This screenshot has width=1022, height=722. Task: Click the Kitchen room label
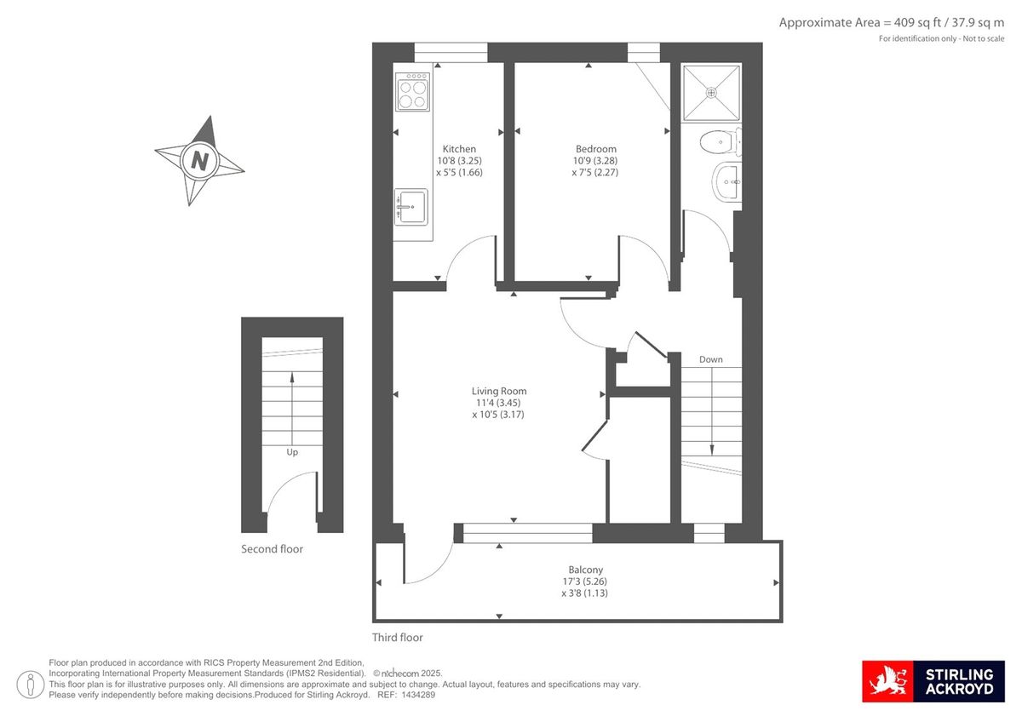click(x=459, y=149)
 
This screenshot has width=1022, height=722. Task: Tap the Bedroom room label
click(x=596, y=149)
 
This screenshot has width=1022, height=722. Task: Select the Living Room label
click(x=499, y=392)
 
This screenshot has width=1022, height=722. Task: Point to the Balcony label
click(x=585, y=570)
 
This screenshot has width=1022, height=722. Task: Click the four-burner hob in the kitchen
click(x=413, y=92)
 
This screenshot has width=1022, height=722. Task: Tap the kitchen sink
click(x=411, y=207)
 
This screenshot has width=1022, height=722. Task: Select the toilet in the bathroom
click(x=721, y=142)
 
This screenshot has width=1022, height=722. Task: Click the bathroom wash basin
click(x=726, y=182)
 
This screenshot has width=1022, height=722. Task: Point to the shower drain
click(x=711, y=93)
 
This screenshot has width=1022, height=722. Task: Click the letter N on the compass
click(x=199, y=161)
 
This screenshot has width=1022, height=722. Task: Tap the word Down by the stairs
click(x=711, y=360)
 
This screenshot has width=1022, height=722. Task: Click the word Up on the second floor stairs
click(x=292, y=452)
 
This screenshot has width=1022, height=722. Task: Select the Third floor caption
click(x=398, y=638)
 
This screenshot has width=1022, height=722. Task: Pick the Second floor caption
click(x=272, y=549)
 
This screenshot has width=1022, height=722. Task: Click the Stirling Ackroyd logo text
click(x=959, y=682)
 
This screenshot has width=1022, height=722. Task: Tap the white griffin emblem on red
click(x=887, y=681)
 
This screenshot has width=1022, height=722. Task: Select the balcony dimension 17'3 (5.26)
click(x=585, y=582)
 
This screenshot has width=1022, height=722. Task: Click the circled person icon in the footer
click(x=31, y=685)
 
